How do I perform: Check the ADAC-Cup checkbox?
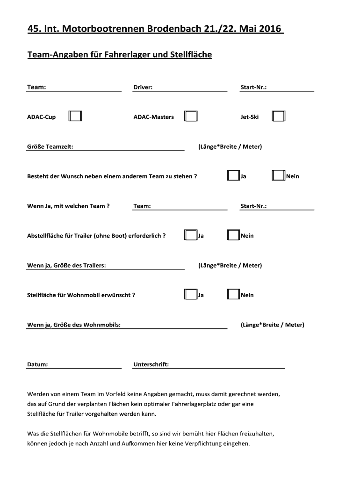tap(75, 116)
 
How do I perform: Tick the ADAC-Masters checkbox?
tap(191, 116)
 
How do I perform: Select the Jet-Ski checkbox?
tap(279, 116)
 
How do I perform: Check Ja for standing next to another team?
tap(233, 176)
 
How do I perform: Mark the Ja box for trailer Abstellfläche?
tap(191, 235)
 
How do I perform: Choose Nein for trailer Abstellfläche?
tap(233, 235)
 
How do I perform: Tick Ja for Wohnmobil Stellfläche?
tap(191, 295)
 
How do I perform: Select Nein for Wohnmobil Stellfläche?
tap(233, 295)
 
